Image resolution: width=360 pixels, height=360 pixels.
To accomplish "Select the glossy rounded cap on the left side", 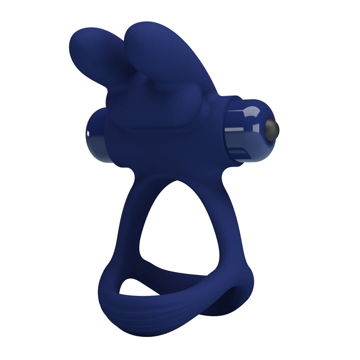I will [95, 134].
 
